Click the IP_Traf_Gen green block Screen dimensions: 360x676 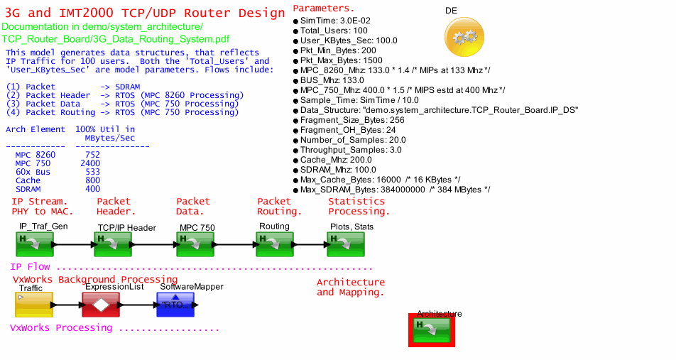tap(34, 244)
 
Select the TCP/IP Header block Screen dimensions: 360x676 tap(112, 244)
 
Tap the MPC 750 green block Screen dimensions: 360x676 tap(195, 244)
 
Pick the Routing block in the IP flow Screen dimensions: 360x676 tap(276, 244)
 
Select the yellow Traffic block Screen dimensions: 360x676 tap(33, 305)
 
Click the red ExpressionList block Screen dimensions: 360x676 tap(101, 305)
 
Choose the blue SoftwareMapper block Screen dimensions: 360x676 tap(176, 305)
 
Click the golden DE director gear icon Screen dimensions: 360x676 tap(464, 38)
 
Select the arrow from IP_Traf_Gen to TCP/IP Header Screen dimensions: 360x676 tap(73, 245)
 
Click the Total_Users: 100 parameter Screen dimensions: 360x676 tap(334, 31)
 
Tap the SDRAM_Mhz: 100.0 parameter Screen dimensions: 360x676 tap(338, 170)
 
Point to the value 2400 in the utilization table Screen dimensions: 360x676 tap(90, 163)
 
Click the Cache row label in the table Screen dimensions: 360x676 tap(28, 180)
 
